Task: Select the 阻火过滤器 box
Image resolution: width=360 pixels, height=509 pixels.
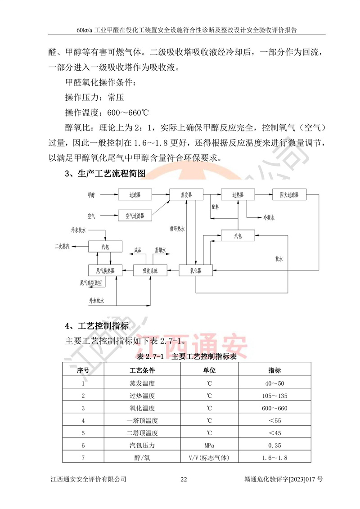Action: click(x=289, y=195)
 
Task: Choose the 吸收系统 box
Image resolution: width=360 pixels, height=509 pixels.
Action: click(x=150, y=270)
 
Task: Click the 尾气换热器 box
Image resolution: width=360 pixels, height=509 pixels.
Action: click(x=102, y=270)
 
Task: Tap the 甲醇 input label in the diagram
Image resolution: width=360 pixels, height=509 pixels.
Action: click(x=92, y=195)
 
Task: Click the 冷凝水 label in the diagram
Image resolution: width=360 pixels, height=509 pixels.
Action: click(x=269, y=217)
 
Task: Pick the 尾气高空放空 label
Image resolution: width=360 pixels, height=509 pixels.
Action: click(x=91, y=283)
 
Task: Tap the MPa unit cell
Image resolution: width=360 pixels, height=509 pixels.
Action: click(x=210, y=446)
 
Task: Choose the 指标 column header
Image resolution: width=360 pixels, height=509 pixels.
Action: click(x=274, y=371)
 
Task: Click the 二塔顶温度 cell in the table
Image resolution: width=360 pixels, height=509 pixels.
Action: click(x=142, y=433)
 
